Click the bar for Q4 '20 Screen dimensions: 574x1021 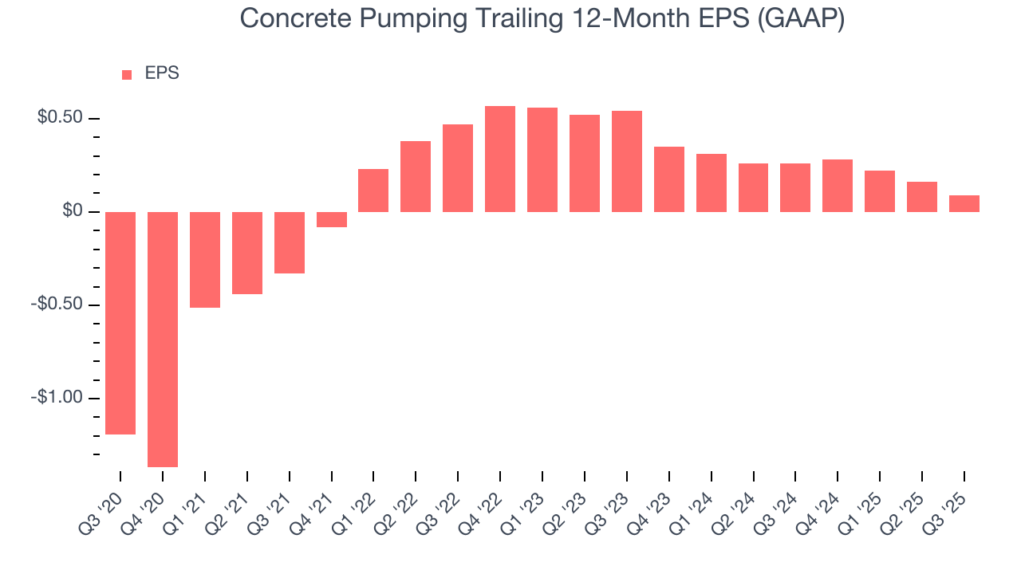pos(163,339)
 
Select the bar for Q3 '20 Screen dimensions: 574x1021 pos(120,323)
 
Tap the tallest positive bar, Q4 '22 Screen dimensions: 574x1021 pos(500,159)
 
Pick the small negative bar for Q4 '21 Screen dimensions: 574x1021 pos(332,219)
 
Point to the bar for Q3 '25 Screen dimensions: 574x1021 pos(964,203)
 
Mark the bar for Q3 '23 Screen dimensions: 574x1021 pos(627,161)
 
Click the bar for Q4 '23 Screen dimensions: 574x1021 pos(668,179)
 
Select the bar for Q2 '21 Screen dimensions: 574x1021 pos(247,253)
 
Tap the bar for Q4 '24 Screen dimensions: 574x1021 pos(838,185)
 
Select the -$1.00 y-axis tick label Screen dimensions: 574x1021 pos(57,397)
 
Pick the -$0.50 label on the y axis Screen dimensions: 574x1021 pos(57,305)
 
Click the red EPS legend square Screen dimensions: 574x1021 pos(127,74)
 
